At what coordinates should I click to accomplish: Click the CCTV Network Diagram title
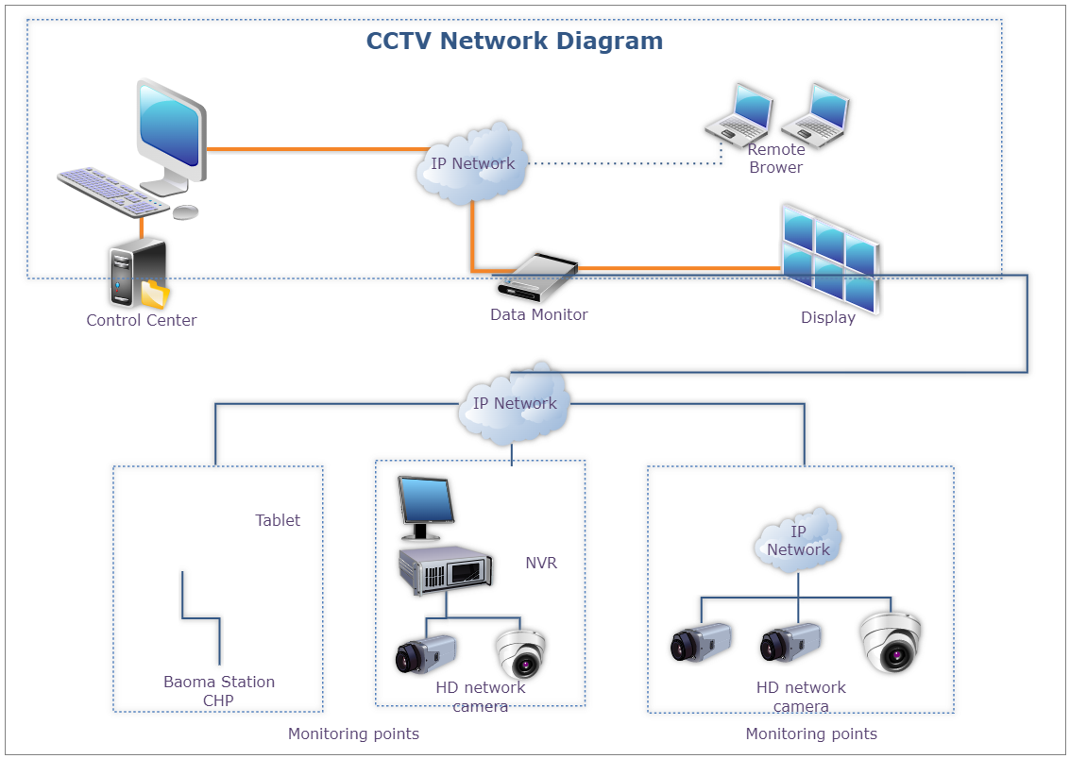pos(514,42)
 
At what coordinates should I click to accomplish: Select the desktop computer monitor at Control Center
pos(171,130)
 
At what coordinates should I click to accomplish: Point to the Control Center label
pos(142,320)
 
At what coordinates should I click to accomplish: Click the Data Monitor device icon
pos(535,277)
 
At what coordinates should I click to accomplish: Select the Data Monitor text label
pos(538,314)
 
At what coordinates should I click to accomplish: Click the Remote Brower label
pos(775,159)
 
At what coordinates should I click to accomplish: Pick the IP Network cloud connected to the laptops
pos(472,163)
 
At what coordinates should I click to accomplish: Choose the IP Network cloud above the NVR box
pos(515,403)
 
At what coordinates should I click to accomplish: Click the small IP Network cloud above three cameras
pos(798,541)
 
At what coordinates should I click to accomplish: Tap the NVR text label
pos(541,564)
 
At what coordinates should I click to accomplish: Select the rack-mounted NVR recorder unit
pos(445,569)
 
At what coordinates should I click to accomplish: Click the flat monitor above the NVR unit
pos(425,508)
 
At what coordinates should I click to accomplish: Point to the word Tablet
pos(278,520)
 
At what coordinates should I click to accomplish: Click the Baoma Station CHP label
pos(219,691)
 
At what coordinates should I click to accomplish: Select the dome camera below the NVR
pos(520,653)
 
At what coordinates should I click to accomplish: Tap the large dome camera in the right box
pos(890,642)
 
